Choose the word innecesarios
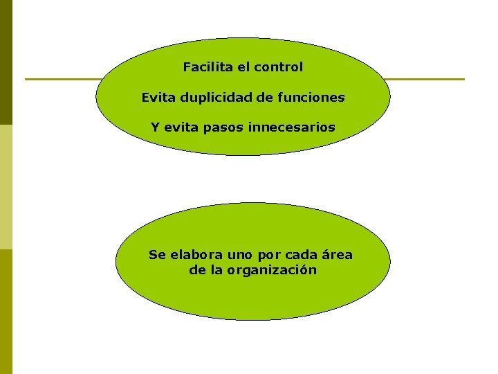(296, 127)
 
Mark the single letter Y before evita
(155, 127)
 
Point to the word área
(337, 255)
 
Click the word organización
(272, 270)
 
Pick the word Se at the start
(156, 255)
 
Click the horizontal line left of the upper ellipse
(62, 79)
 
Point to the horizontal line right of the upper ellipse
(425, 79)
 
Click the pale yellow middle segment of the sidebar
(6, 187)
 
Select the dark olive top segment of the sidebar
(6, 62)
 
